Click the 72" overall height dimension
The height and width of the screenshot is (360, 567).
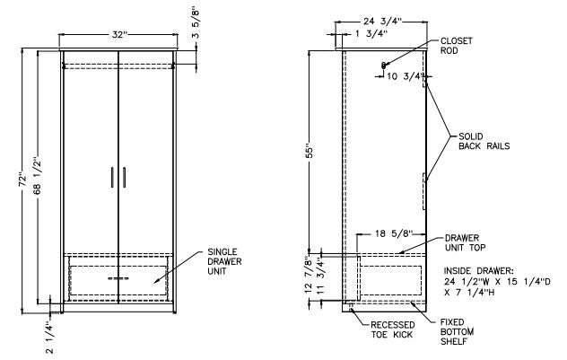[21, 179]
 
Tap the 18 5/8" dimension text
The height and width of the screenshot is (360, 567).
[394, 233]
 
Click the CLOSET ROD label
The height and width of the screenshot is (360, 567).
[456, 46]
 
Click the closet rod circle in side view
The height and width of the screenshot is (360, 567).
[383, 65]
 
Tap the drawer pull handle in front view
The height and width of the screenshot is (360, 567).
[118, 280]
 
